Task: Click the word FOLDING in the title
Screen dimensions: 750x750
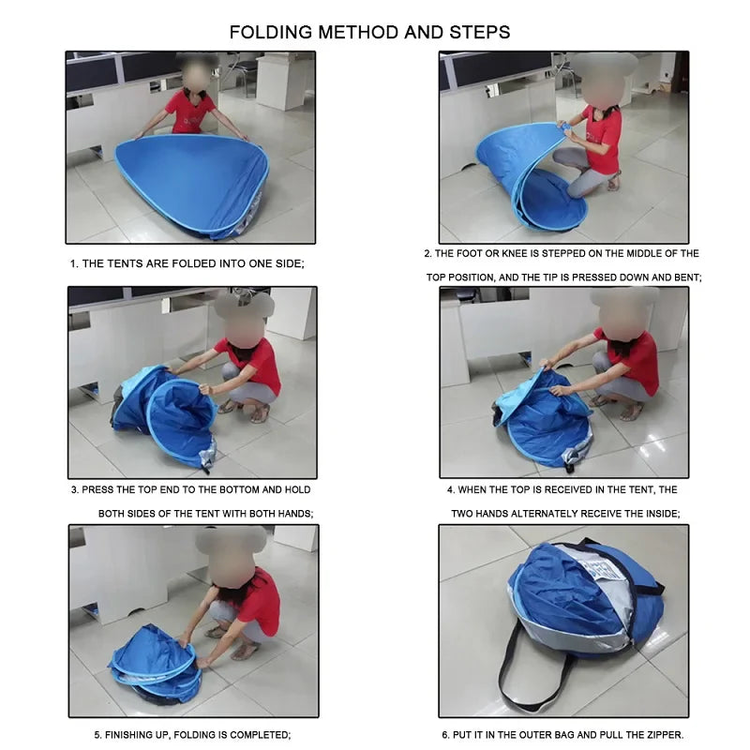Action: point(271,32)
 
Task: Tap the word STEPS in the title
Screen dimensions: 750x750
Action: point(480,32)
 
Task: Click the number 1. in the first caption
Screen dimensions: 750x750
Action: point(74,263)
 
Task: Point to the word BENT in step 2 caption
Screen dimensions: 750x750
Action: point(687,277)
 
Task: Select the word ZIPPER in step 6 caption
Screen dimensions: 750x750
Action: point(665,735)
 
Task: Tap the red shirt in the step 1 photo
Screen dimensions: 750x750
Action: point(188,112)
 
